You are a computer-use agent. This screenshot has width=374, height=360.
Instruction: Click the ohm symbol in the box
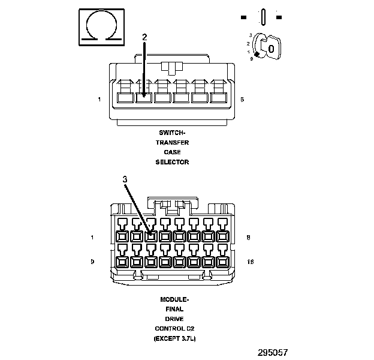[102, 27]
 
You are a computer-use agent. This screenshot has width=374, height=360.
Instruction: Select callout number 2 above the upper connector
[144, 37]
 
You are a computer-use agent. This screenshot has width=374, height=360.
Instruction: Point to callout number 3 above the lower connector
[125, 179]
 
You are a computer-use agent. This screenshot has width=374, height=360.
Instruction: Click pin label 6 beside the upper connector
[242, 99]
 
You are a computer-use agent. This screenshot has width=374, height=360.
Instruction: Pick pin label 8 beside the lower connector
[248, 237]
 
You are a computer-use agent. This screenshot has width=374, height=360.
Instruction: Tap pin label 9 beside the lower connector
[92, 262]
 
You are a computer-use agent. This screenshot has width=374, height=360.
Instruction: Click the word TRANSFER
[173, 142]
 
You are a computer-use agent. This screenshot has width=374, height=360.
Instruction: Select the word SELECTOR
[173, 162]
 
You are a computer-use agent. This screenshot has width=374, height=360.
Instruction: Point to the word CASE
[173, 152]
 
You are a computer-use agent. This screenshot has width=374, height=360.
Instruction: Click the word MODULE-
[174, 299]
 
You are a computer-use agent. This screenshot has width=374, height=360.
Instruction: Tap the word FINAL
[174, 309]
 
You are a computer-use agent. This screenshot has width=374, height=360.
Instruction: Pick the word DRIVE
[174, 319]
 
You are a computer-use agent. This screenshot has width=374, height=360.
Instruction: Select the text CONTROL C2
[174, 329]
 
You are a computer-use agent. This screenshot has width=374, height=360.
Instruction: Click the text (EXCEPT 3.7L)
[174, 339]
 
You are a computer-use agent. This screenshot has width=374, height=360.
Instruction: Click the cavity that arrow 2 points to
[144, 97]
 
